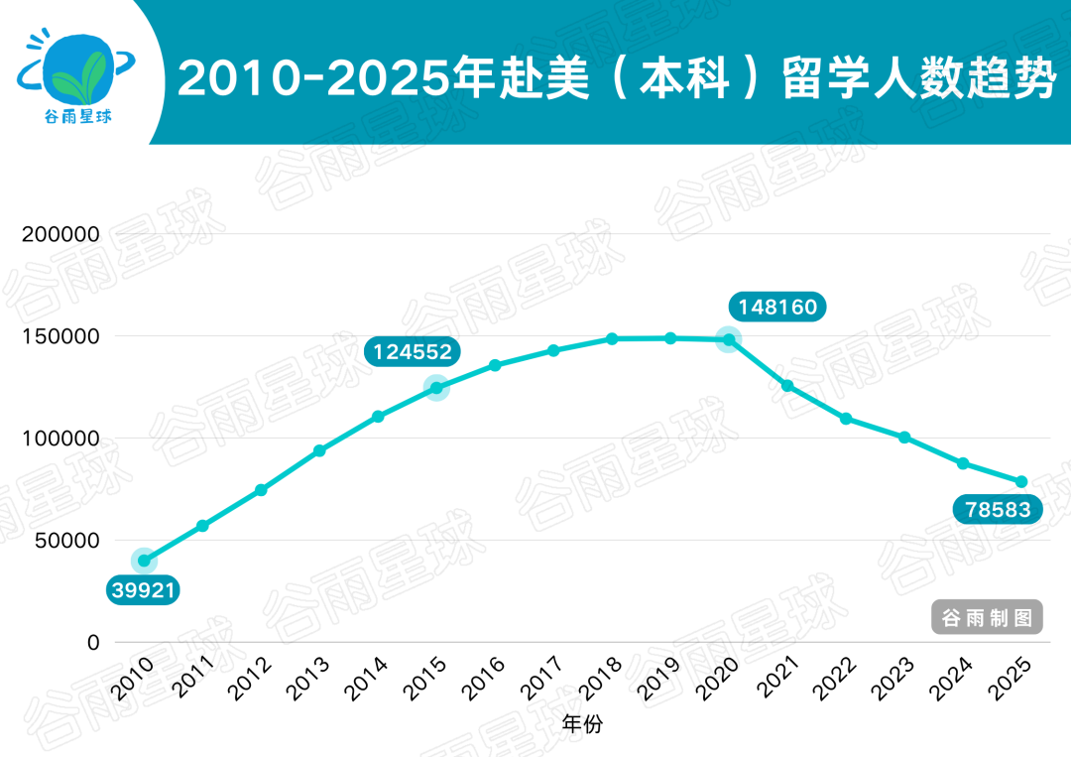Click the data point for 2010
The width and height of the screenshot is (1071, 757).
pos(145,561)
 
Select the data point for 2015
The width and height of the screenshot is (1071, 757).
pos(436,387)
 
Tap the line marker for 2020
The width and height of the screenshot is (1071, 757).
pos(729,339)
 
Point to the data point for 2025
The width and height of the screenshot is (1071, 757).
pos(1020,482)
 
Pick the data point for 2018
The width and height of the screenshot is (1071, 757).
pos(612,339)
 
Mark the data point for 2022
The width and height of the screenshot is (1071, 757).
pos(846,419)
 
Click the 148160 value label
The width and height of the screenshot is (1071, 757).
pos(777,308)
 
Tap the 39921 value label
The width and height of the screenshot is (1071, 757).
pos(144,591)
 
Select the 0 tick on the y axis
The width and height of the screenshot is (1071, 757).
pos(93,643)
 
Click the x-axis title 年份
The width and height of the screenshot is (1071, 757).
pos(581,724)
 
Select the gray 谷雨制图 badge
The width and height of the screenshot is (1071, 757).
pos(988,618)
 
